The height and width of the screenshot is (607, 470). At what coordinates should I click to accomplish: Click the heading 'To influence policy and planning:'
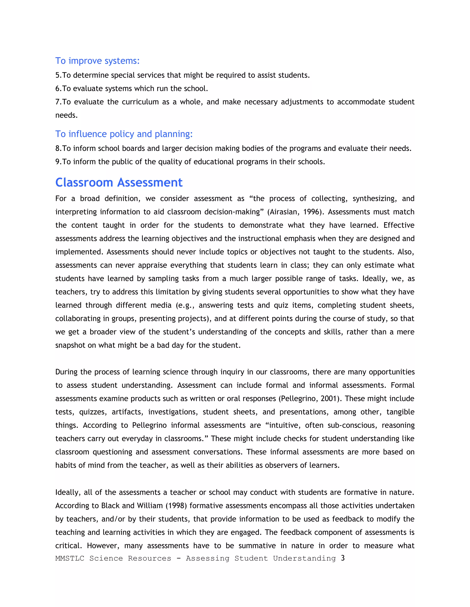coord(124,134)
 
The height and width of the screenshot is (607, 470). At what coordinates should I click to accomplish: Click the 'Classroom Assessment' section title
coord(119,182)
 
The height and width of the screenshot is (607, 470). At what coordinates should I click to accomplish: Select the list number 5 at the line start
coord(58,75)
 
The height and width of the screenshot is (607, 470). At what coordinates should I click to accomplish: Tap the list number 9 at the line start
coord(58,162)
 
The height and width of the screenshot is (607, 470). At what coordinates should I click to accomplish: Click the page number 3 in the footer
coord(343,558)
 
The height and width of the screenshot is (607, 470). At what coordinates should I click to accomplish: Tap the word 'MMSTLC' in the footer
coord(70,558)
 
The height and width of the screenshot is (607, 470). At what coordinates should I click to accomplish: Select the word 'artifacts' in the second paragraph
coord(127,412)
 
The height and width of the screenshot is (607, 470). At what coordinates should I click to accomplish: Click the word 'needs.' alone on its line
coord(67,115)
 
